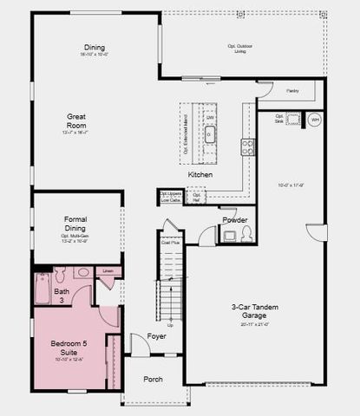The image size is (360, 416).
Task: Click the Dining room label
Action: (94, 47)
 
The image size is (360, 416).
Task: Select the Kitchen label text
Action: (200, 174)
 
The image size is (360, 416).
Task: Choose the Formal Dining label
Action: (81, 224)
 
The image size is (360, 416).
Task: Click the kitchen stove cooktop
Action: (247, 147)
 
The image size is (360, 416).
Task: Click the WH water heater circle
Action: (315, 120)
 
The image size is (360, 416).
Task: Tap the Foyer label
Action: (156, 335)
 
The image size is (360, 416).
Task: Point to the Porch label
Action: (153, 379)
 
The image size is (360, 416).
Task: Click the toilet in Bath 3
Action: (61, 276)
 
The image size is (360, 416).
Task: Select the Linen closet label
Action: (108, 271)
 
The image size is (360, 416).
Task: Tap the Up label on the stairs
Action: (170, 324)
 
